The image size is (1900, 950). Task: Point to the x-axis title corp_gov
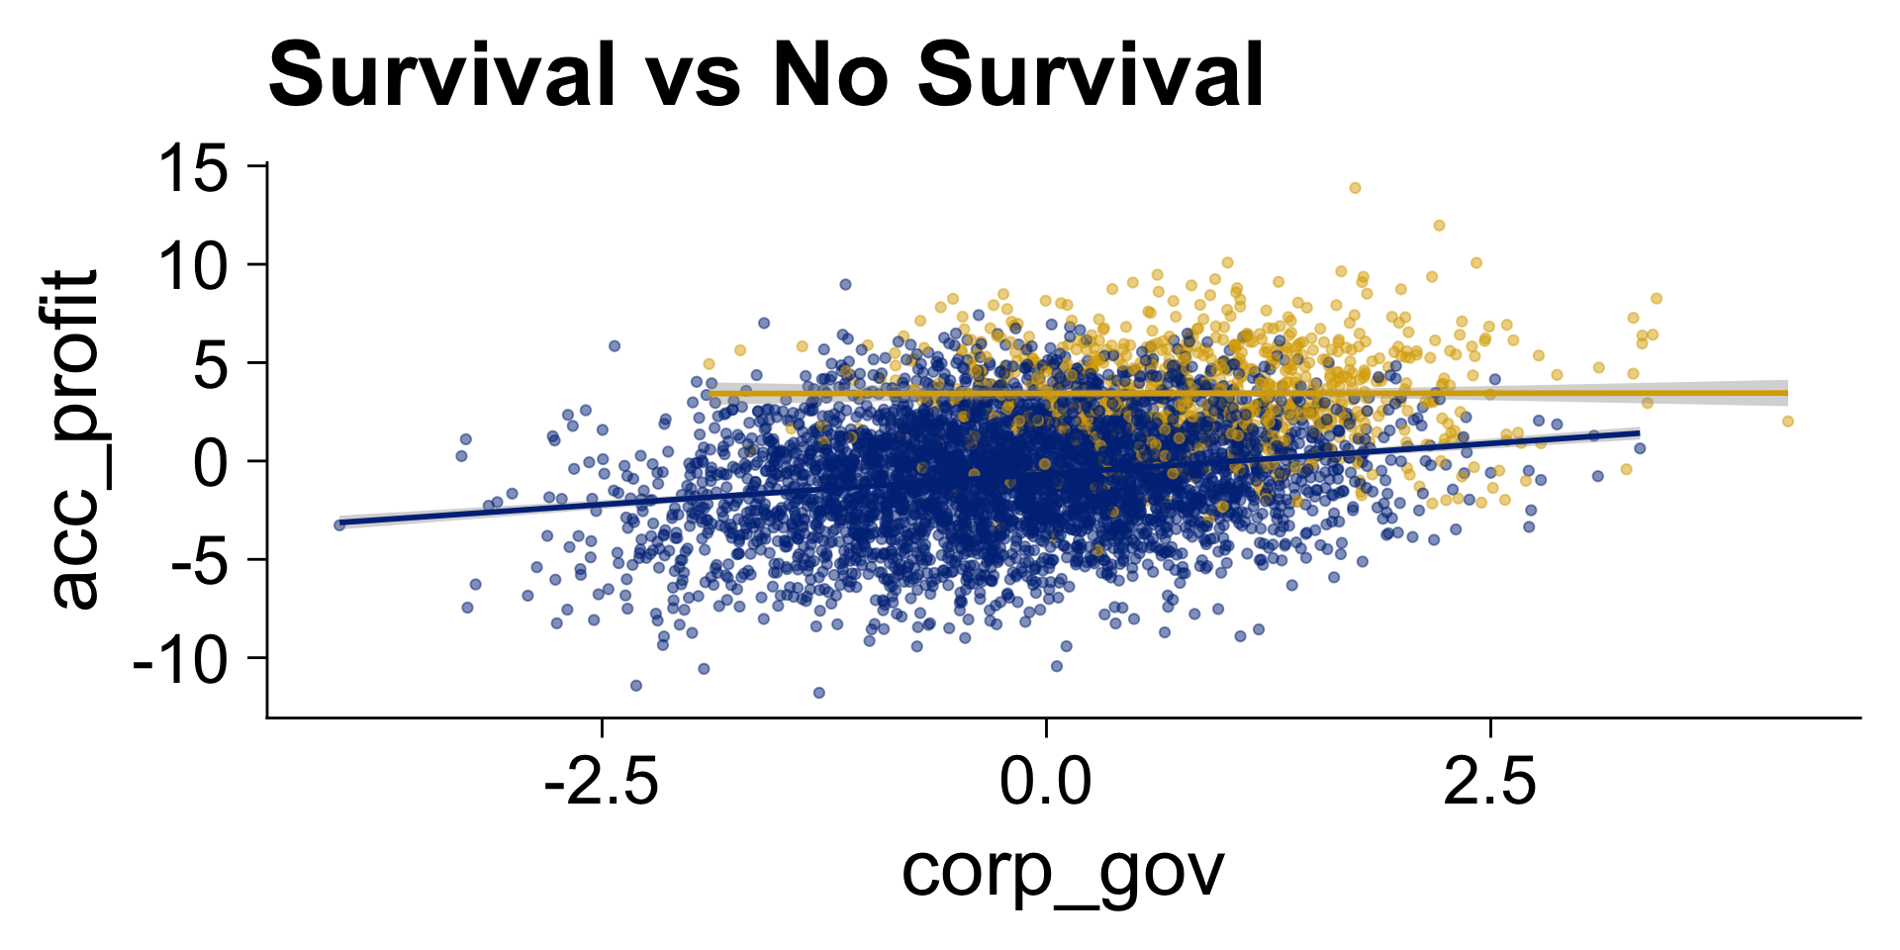point(1063,872)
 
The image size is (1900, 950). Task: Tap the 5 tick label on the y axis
point(212,363)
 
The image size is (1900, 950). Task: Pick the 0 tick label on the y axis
point(212,462)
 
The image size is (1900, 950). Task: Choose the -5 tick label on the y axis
point(199,560)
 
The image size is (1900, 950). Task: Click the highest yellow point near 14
point(1355,188)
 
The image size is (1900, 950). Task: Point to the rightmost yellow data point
point(1787,422)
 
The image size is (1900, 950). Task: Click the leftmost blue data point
point(339,524)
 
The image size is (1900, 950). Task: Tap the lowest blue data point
point(818,693)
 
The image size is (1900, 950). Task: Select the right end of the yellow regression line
point(1787,393)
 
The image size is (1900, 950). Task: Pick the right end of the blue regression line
point(1639,433)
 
